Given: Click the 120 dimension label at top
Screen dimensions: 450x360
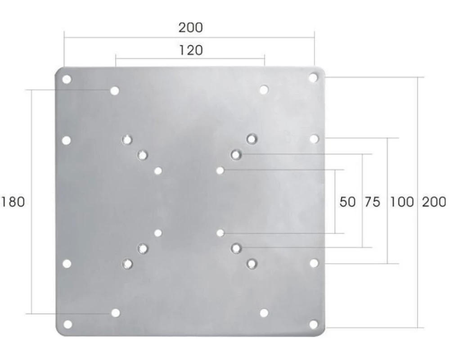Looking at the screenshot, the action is click(x=191, y=50).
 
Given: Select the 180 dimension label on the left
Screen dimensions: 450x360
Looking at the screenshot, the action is click(x=13, y=202).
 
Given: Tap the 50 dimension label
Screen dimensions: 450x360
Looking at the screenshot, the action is click(x=347, y=202).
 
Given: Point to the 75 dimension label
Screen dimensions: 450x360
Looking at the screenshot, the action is click(x=372, y=202).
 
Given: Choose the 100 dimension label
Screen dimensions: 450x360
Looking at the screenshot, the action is click(x=402, y=202).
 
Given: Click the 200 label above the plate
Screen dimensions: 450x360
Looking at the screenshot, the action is click(x=191, y=27).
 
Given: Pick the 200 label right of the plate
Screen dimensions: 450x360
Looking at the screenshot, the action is click(x=434, y=202).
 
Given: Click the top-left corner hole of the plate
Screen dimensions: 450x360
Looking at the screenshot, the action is click(x=67, y=80).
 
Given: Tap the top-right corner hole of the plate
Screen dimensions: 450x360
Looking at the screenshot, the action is click(x=313, y=77).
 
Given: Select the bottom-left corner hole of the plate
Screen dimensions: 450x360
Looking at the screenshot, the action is click(x=68, y=324).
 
